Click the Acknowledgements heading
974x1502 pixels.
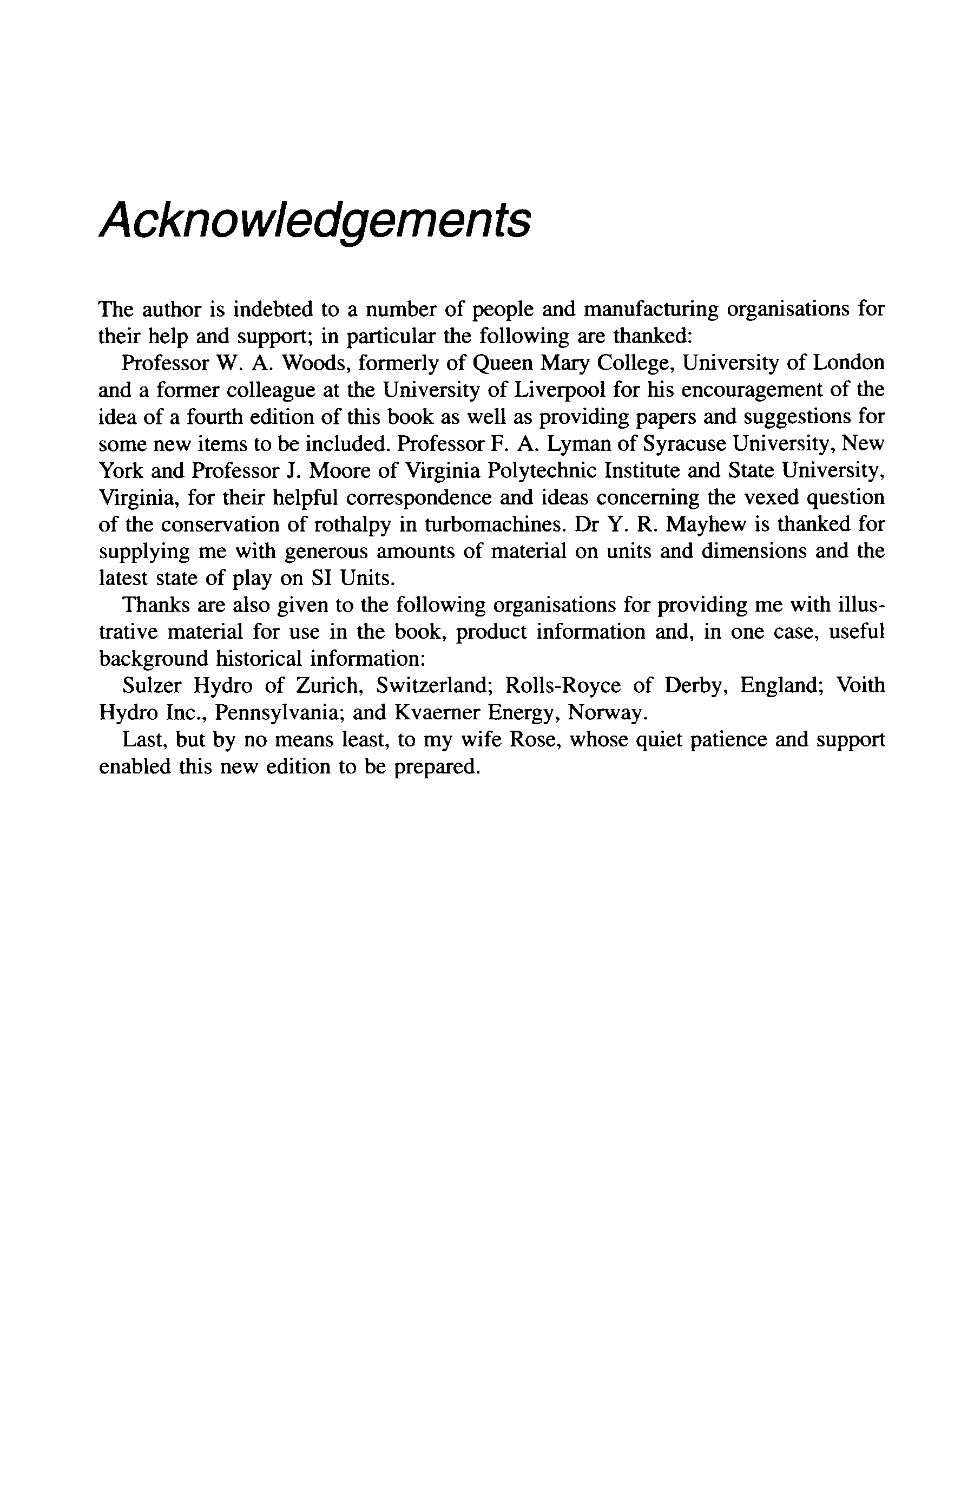pyautogui.click(x=314, y=222)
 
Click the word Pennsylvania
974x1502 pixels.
pyautogui.click(x=278, y=712)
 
